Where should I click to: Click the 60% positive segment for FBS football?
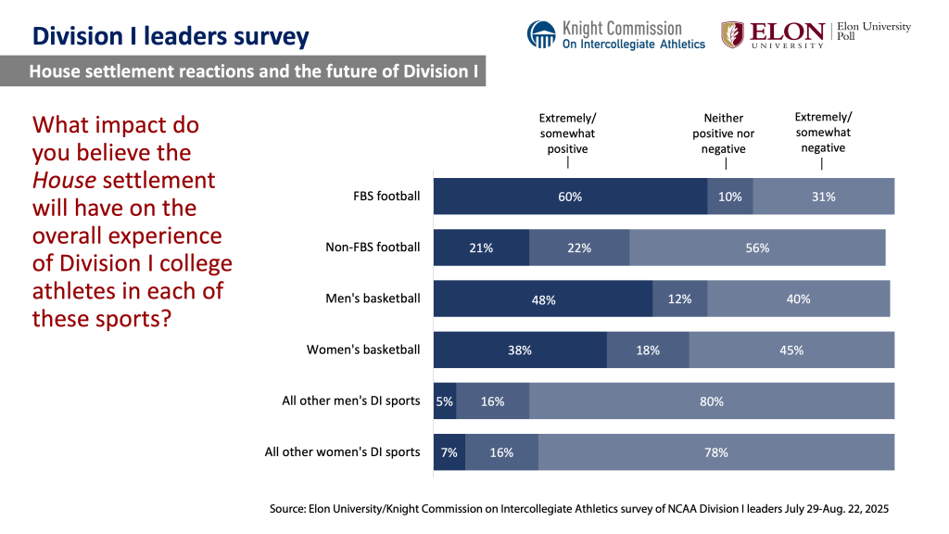click(x=570, y=197)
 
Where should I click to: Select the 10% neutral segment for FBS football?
click(x=730, y=197)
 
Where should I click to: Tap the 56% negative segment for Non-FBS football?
click(x=757, y=248)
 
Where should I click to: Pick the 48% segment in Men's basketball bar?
click(x=543, y=299)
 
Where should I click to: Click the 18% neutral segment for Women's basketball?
click(x=648, y=350)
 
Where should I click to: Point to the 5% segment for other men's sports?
click(x=445, y=401)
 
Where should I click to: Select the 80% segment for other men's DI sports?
click(x=711, y=401)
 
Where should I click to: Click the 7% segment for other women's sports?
click(x=449, y=452)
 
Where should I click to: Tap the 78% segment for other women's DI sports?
click(x=715, y=452)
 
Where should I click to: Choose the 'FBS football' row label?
click(x=386, y=197)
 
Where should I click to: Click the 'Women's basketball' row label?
click(x=363, y=350)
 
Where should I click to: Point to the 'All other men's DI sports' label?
click(x=351, y=401)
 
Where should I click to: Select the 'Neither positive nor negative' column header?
click(x=724, y=133)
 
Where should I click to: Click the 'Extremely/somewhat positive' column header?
click(x=567, y=133)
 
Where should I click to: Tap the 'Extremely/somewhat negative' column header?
click(x=823, y=132)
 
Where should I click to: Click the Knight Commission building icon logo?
click(x=542, y=34)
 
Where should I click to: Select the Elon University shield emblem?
click(x=732, y=34)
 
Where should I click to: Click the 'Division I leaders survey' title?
click(x=171, y=36)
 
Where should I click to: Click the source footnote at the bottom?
click(x=579, y=509)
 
